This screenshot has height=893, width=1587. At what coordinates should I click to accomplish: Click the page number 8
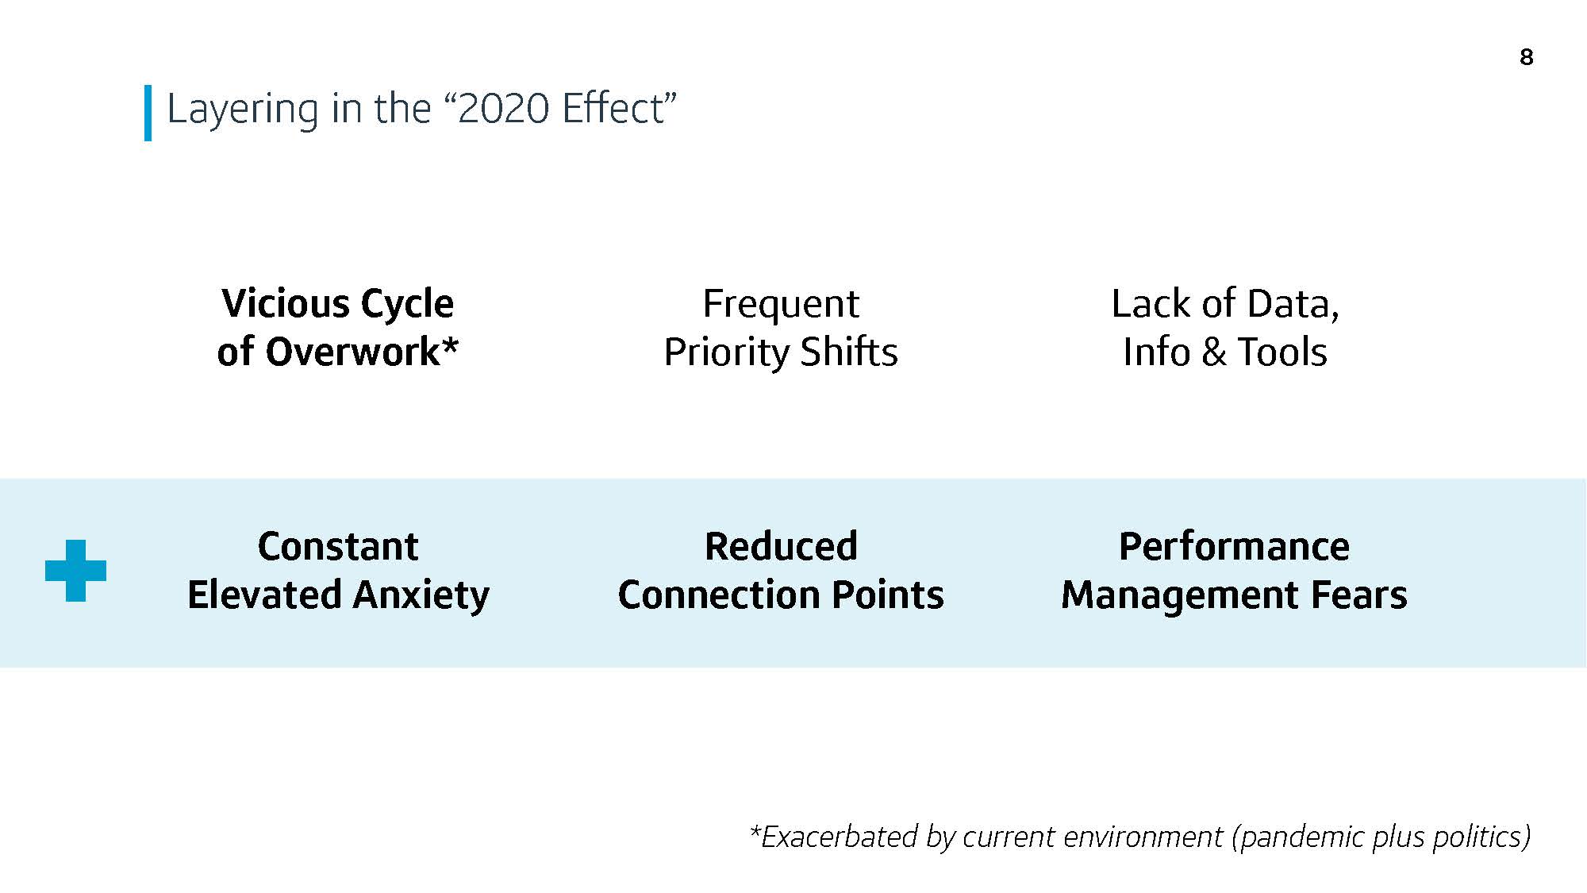pos(1527,57)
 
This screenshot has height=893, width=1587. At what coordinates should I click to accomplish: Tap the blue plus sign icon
pos(75,571)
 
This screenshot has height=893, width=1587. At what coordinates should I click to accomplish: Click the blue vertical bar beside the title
pos(148,113)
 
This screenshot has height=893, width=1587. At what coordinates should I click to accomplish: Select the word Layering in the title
pos(243,109)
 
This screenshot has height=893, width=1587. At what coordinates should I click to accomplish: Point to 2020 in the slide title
pos(504,108)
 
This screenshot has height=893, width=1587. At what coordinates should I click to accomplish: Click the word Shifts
pos(849,352)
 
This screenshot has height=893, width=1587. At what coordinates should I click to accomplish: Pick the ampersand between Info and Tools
pos(1214,352)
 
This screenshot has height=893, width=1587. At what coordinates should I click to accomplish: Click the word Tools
pos(1282,352)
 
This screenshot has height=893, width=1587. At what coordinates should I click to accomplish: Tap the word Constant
pos(338,546)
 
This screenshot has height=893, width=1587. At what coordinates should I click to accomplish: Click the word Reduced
pos(781,546)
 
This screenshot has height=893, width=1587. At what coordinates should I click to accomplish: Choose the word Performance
pos(1234,546)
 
